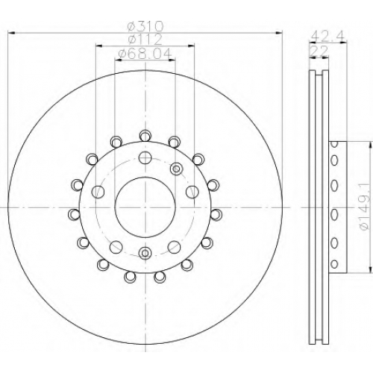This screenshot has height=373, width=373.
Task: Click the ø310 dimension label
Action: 145,26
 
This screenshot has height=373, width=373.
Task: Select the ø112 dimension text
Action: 145,39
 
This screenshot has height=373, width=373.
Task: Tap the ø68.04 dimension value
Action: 145,53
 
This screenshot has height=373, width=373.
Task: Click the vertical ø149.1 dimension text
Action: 363,207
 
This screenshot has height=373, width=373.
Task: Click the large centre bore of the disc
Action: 145,207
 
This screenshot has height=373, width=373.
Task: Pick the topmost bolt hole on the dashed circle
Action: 145,157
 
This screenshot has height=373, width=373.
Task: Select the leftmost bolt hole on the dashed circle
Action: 98,192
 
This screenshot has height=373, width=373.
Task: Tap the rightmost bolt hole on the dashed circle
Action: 192,192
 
